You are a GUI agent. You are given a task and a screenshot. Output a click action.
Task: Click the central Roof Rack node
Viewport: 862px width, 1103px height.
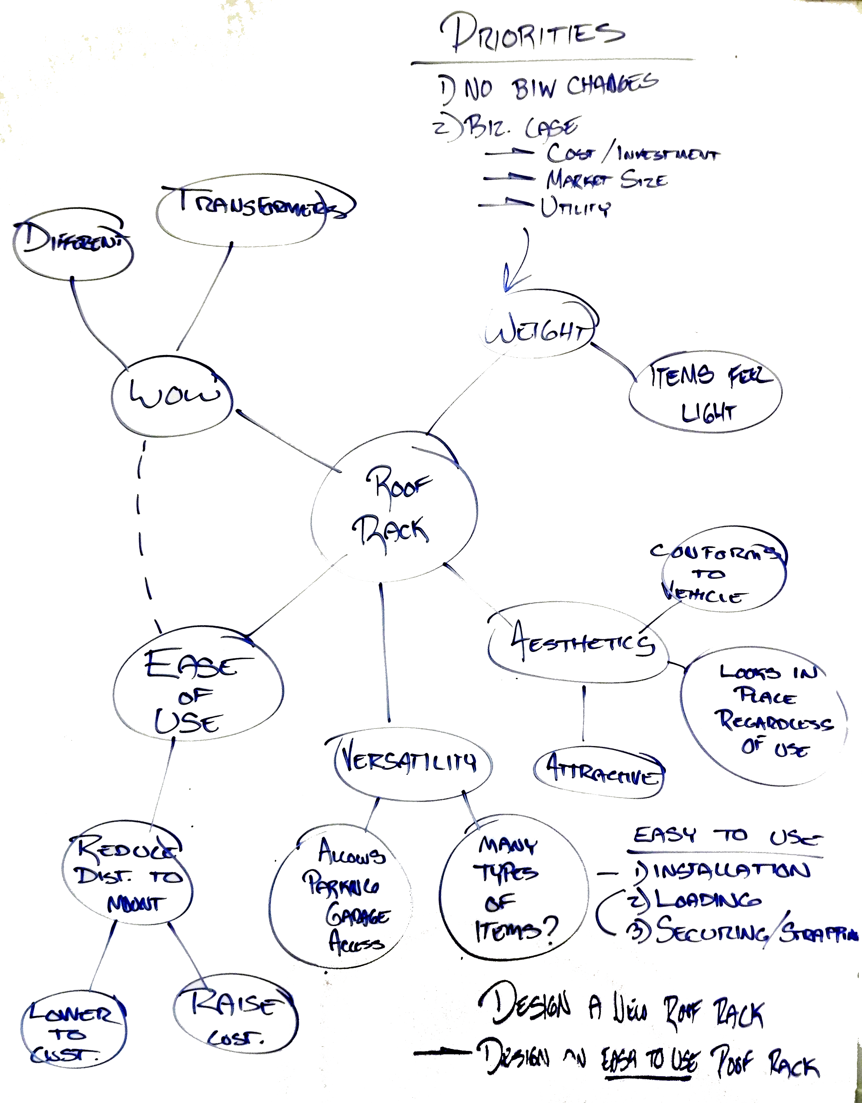(394, 508)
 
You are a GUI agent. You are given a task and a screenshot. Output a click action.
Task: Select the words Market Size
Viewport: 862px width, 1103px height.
(606, 180)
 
